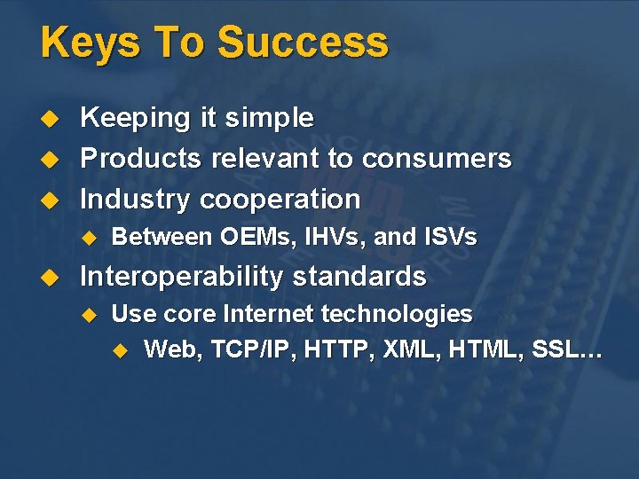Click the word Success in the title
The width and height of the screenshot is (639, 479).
coord(303,43)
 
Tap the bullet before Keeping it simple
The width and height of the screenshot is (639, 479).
coord(51,118)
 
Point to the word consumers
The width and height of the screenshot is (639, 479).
coord(437,159)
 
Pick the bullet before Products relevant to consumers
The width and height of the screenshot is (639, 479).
coord(51,159)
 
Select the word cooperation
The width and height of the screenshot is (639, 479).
coord(280,199)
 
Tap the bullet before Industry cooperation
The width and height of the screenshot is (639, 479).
coord(51,199)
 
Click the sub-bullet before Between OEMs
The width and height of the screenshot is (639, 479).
coord(88,238)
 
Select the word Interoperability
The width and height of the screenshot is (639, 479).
coord(181,277)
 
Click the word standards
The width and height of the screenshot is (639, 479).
coord(359,277)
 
